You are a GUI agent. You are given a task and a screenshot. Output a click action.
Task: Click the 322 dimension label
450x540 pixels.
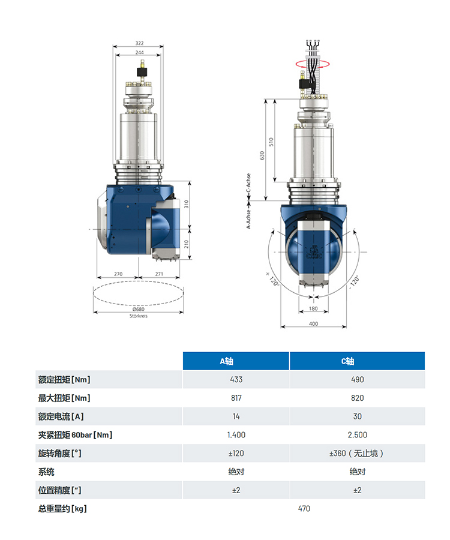[x=139, y=43]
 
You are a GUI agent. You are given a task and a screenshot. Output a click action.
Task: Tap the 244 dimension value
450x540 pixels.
[x=139, y=52]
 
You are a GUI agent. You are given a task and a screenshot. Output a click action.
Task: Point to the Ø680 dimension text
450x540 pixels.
[x=139, y=309]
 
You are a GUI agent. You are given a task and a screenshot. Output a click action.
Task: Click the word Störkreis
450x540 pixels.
[x=139, y=316]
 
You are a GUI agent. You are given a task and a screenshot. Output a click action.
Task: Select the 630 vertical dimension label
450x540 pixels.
[x=262, y=155]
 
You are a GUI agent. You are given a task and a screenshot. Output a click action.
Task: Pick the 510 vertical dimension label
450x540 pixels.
[x=271, y=142]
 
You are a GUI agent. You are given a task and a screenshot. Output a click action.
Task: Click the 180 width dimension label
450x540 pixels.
[x=313, y=308]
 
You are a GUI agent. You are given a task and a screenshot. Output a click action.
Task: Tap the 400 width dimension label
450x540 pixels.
[x=313, y=324]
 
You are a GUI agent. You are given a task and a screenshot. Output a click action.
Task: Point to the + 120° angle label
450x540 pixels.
[x=272, y=279]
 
